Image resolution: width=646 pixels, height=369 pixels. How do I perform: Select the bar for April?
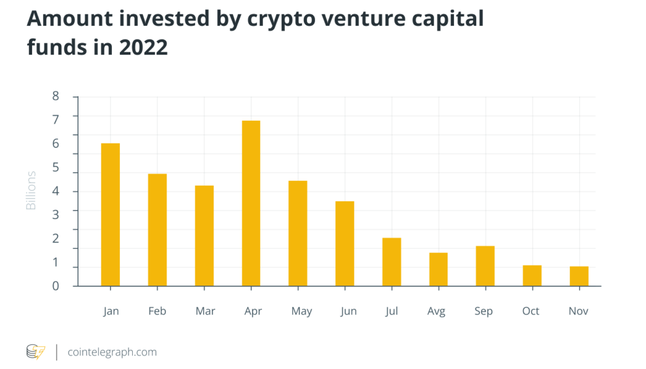click(x=251, y=203)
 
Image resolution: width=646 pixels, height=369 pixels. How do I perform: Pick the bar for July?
click(x=392, y=261)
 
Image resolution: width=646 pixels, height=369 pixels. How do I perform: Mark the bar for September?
click(x=485, y=266)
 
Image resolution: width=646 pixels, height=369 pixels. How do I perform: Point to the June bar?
click(x=345, y=244)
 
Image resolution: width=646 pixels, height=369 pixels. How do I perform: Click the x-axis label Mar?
click(x=205, y=311)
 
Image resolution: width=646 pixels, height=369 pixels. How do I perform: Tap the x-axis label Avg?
click(x=436, y=311)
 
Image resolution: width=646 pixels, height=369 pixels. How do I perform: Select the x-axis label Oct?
click(x=531, y=311)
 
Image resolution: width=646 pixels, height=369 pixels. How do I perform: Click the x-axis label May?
click(x=301, y=311)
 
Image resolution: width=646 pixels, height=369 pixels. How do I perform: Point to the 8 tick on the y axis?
click(x=55, y=96)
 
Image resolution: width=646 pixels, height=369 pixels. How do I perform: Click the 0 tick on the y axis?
click(x=55, y=286)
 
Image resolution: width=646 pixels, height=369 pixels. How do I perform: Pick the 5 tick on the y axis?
click(x=55, y=167)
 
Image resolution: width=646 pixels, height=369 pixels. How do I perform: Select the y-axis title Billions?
click(x=31, y=191)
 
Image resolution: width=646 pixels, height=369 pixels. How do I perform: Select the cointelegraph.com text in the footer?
click(x=112, y=352)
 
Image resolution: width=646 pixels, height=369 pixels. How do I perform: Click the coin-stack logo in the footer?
click(x=35, y=352)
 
